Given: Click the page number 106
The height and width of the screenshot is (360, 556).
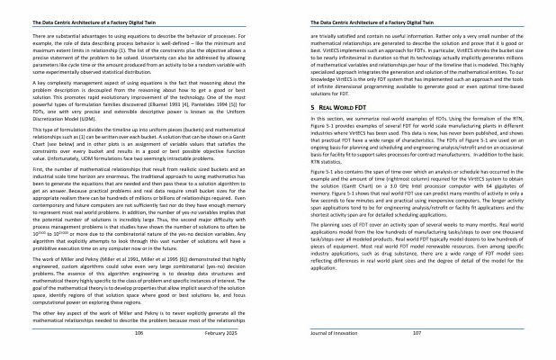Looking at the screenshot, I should (139, 332).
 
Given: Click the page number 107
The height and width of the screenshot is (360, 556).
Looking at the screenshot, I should (417, 332).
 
